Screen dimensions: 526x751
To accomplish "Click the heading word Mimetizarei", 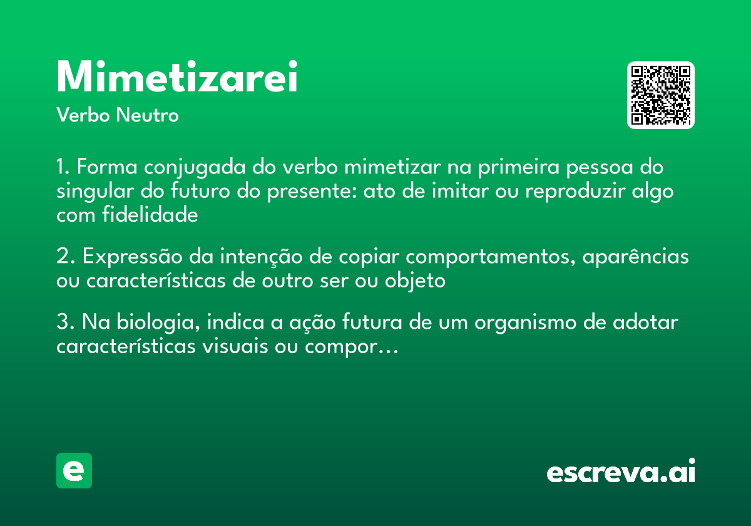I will (177, 78).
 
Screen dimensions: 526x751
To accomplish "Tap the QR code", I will (661, 95).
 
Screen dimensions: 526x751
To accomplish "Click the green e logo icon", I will (74, 470).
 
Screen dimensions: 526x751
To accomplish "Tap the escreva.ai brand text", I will (621, 473).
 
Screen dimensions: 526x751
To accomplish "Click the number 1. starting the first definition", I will (64, 168).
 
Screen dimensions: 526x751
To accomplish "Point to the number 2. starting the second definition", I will (66, 257).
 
